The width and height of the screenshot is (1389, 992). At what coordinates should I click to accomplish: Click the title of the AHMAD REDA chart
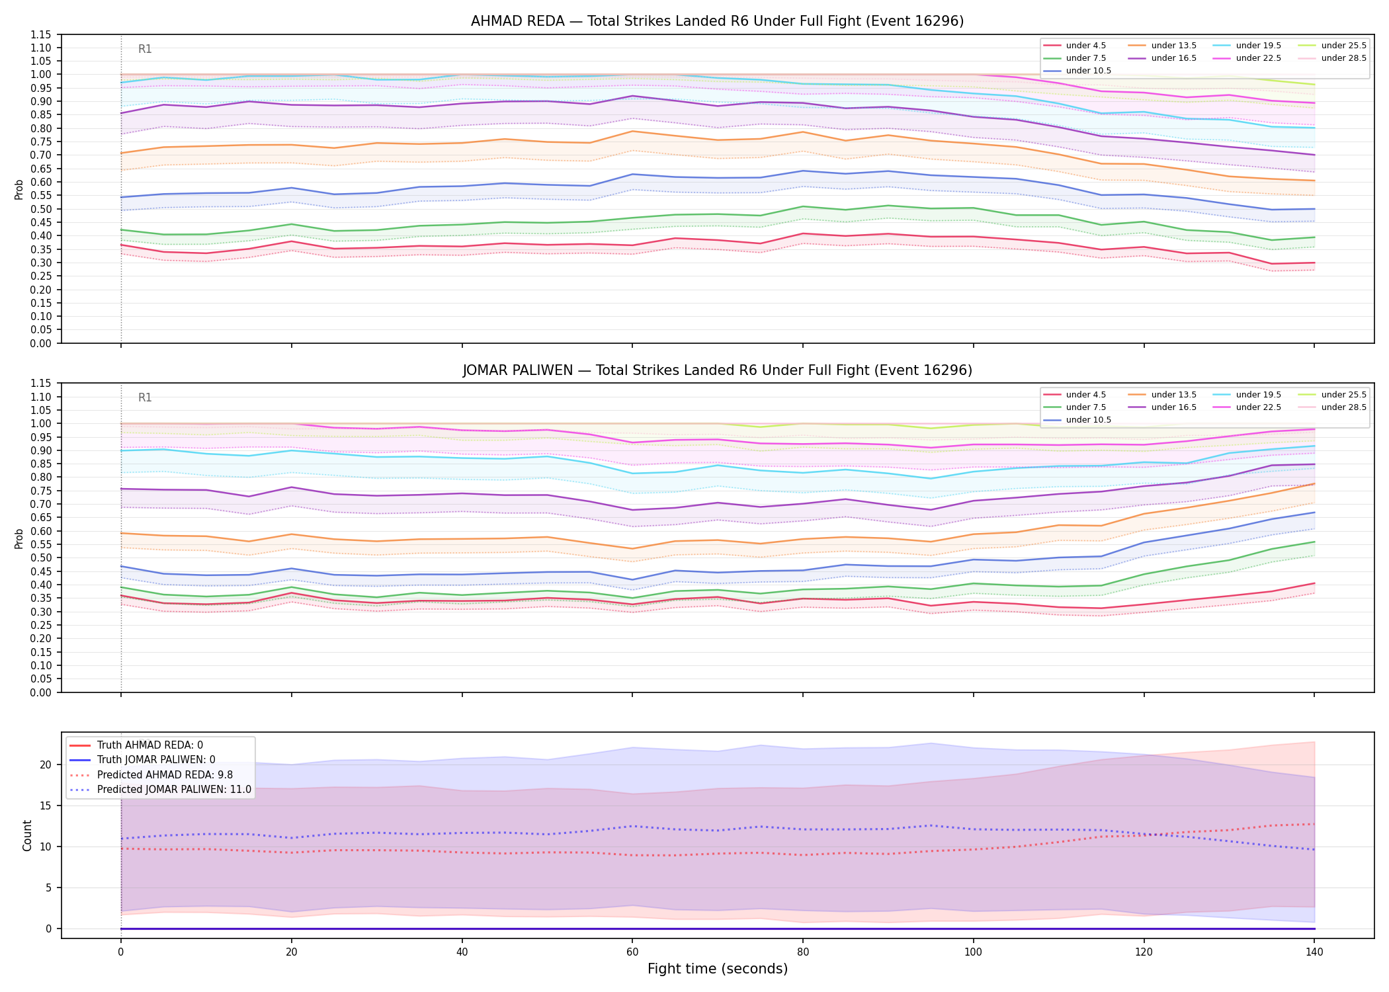pos(717,21)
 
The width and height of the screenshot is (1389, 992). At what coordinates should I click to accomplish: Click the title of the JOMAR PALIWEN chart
pos(717,370)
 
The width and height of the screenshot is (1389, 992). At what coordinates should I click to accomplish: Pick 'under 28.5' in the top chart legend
pos(1343,58)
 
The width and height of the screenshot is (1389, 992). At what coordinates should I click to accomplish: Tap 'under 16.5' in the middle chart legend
pos(1174,407)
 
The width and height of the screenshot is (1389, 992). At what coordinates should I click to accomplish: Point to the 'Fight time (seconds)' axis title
pos(718,969)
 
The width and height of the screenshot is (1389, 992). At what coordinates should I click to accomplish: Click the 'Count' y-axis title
pos(27,835)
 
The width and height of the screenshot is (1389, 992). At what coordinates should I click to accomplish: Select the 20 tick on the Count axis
pos(46,765)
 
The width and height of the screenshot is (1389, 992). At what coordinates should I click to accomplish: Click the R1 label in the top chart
pos(145,49)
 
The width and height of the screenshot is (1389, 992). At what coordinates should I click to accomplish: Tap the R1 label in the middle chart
pos(145,397)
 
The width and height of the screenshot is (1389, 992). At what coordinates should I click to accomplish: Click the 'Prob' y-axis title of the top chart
pos(19,189)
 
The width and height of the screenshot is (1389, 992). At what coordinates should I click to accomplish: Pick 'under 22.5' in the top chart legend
pos(1259,58)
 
